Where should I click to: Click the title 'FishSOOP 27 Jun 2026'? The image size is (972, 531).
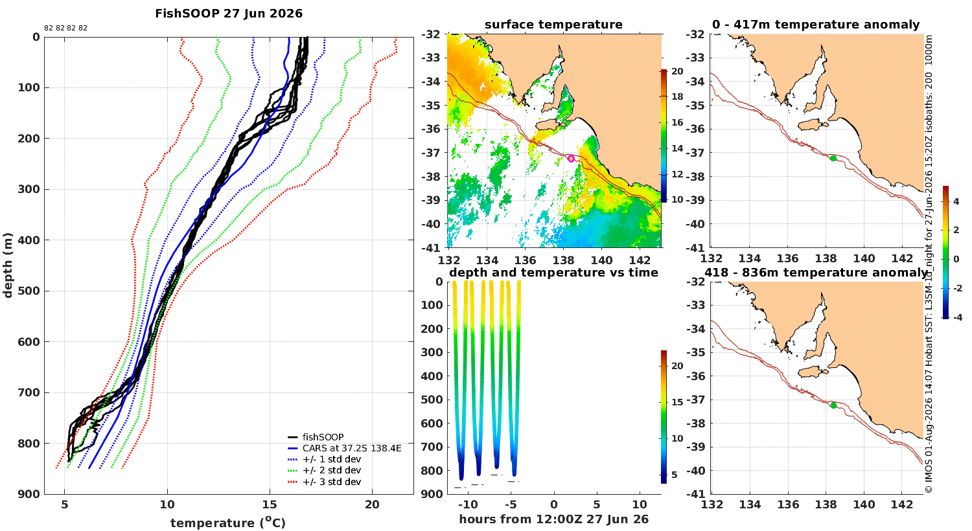229,14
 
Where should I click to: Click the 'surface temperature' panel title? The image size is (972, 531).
553,25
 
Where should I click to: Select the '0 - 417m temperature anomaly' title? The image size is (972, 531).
816,25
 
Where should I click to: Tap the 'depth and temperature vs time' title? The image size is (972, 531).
553,272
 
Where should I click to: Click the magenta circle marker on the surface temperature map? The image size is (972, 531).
571,159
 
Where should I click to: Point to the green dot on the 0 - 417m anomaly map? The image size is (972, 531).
833,158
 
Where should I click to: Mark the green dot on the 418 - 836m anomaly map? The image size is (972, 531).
833,405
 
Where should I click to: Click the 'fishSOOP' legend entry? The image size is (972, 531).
323,437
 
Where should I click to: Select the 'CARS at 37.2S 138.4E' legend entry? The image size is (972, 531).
352,448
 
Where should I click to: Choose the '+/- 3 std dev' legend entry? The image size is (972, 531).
332,482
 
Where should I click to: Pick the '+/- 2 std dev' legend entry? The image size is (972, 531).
332,470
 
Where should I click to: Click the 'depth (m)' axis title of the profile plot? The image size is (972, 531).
8,265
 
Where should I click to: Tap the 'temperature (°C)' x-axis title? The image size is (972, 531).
228,523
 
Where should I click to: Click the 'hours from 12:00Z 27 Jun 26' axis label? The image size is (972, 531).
553,519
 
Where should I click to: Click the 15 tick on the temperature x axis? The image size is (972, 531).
270,505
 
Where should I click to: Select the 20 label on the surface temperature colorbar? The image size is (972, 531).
677,71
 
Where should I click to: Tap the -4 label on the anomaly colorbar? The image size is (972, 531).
957,317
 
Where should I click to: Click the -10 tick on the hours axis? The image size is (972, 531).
468,505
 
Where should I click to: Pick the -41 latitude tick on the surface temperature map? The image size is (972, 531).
430,249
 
